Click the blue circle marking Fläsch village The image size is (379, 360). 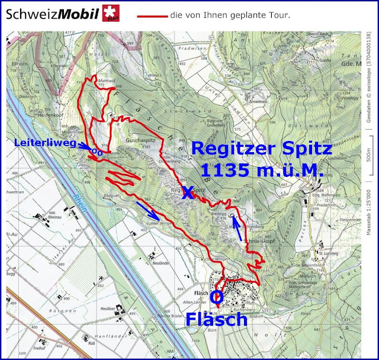tap(217, 297)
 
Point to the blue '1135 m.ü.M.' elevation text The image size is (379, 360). tap(261, 171)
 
